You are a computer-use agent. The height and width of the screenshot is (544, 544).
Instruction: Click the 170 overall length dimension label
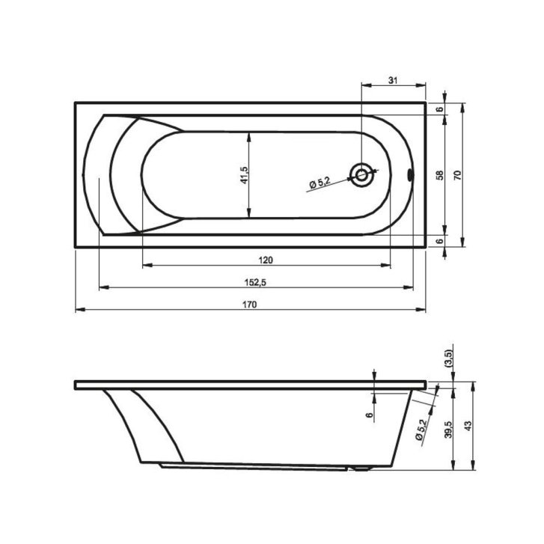[x=249, y=305]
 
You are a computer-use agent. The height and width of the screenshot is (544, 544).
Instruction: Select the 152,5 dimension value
[x=255, y=282]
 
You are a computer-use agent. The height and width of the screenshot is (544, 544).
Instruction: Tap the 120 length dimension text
[x=266, y=260]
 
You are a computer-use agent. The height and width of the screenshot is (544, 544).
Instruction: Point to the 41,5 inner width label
[x=244, y=175]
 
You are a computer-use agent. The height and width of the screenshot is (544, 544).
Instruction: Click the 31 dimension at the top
[x=392, y=81]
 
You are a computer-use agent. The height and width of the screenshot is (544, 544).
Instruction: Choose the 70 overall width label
[x=457, y=175]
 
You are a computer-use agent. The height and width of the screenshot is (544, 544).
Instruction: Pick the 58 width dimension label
[x=439, y=175]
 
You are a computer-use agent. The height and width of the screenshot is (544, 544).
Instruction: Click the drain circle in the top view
[x=361, y=175]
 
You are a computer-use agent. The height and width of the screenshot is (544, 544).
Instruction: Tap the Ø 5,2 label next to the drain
[x=320, y=183]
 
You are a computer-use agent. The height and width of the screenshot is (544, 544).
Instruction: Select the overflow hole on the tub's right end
[x=410, y=174]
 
